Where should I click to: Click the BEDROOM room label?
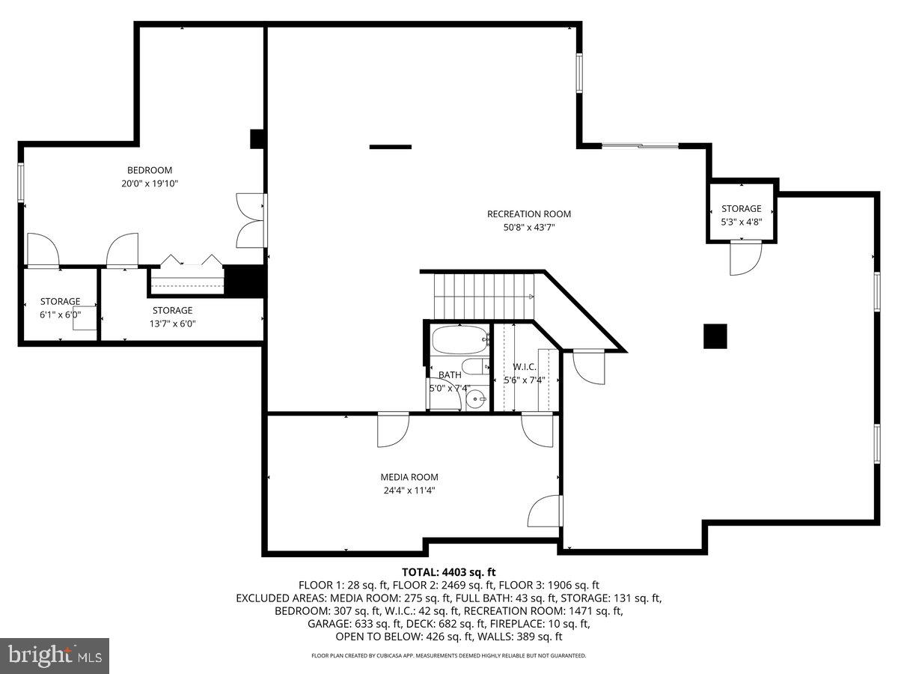150,170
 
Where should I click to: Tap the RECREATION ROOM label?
529,214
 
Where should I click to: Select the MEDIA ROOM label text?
409,477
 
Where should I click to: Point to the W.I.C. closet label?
524,367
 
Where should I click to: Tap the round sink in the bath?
475,400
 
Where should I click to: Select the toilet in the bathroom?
474,366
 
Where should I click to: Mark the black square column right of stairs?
715,336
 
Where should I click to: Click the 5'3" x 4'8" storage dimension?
742,222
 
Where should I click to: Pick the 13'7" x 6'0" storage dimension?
172,324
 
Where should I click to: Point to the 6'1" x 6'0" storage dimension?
60,315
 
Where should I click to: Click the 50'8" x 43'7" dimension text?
529,228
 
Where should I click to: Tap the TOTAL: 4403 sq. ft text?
449,572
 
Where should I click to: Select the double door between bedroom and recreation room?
251,221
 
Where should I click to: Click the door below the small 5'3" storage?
745,257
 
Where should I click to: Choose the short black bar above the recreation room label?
390,147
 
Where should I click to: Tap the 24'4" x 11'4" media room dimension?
409,491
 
